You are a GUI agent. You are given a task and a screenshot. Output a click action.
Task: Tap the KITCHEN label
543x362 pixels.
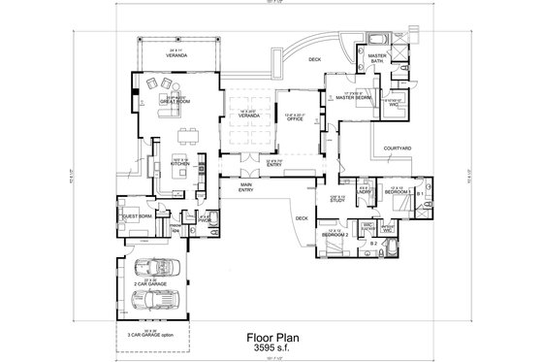(180, 164)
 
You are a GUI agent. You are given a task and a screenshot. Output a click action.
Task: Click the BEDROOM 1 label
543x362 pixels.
(399, 192)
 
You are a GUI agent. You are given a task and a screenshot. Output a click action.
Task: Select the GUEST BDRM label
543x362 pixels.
(135, 216)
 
